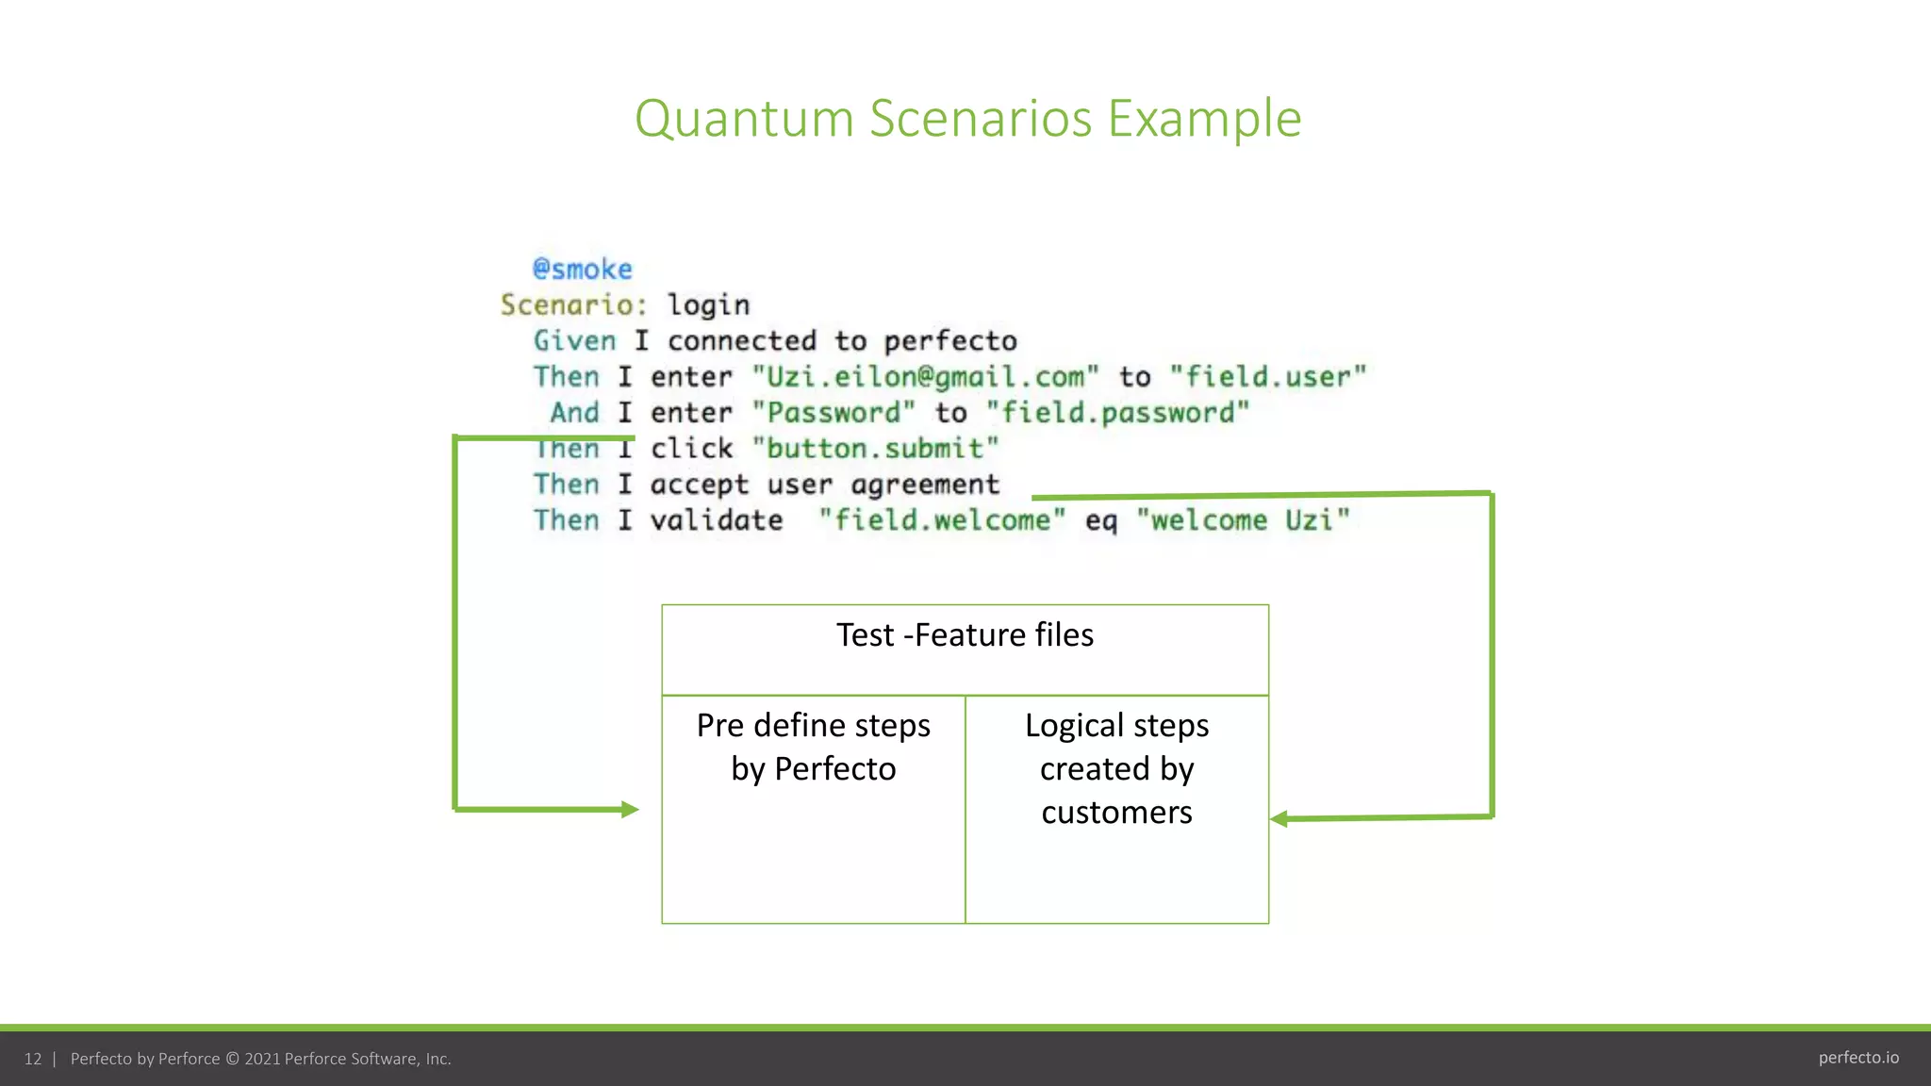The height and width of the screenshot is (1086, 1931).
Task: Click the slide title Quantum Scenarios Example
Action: pyautogui.click(x=967, y=119)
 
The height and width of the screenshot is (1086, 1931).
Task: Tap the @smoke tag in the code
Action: pyautogui.click(x=582, y=270)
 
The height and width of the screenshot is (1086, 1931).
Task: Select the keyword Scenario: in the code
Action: pyautogui.click(x=573, y=305)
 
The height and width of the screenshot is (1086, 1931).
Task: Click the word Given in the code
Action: pyautogui.click(x=574, y=341)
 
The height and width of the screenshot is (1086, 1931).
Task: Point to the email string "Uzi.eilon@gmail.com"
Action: pyautogui.click(x=925, y=377)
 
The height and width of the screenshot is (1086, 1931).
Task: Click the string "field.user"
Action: pyautogui.click(x=1267, y=377)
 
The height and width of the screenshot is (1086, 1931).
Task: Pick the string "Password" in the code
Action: pyautogui.click(x=833, y=413)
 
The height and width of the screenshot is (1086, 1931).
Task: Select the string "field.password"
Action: pyautogui.click(x=1117, y=413)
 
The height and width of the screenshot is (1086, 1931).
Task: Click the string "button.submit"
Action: pyautogui.click(x=875, y=449)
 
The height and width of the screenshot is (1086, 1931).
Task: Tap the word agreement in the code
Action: pyautogui.click(x=924, y=485)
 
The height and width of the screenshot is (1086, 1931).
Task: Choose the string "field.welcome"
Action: pyautogui.click(x=942, y=520)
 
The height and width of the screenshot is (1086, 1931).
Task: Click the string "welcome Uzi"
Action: pyautogui.click(x=1243, y=520)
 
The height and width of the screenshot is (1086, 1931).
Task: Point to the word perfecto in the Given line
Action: pyautogui.click(x=950, y=341)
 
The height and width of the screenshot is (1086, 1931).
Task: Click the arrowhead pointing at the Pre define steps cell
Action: pyautogui.click(x=630, y=809)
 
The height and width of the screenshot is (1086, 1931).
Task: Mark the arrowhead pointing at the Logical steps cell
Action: pyautogui.click(x=1279, y=818)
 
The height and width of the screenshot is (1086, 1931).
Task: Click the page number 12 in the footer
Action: pyautogui.click(x=33, y=1059)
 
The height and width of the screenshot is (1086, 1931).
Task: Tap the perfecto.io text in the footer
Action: pyautogui.click(x=1857, y=1058)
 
